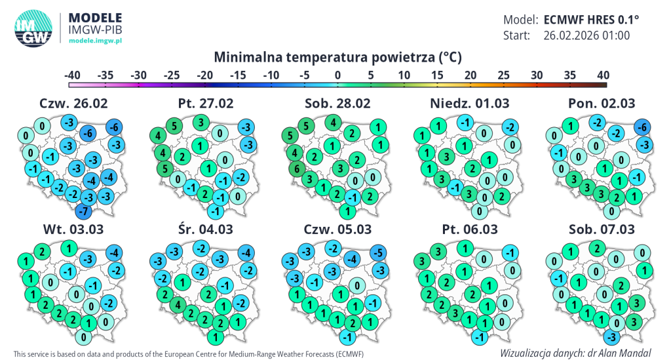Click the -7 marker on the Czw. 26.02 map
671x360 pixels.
(x=83, y=211)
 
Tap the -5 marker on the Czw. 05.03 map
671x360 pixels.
(x=377, y=252)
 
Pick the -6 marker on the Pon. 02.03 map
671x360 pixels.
(x=642, y=127)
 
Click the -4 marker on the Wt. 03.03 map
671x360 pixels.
(x=113, y=253)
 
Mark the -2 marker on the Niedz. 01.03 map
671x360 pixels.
(x=508, y=127)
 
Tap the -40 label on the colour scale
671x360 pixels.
(x=72, y=75)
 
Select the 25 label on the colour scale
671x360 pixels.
(x=503, y=75)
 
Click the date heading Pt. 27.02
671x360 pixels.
(x=206, y=104)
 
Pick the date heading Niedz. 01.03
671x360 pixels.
(x=469, y=104)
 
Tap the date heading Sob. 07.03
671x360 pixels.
(x=603, y=230)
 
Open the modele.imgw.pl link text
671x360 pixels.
(x=96, y=41)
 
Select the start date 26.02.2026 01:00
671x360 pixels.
(x=586, y=35)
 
